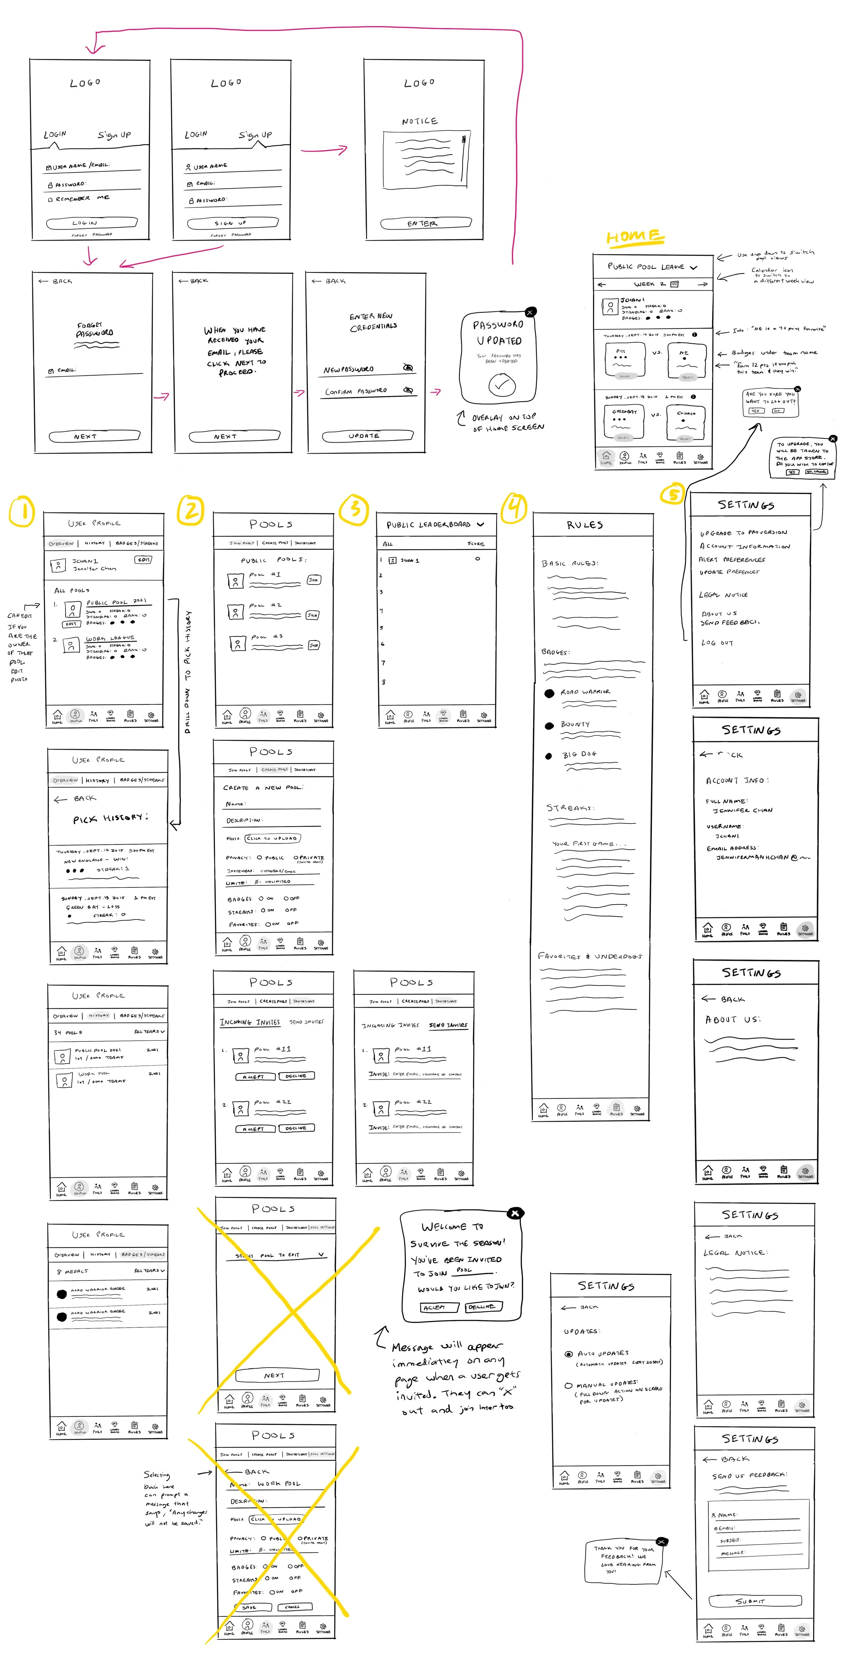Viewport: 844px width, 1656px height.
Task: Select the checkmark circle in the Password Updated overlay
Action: (x=501, y=385)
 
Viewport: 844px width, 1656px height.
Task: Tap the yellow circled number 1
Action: (x=21, y=512)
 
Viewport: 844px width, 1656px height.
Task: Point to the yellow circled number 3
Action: (x=354, y=510)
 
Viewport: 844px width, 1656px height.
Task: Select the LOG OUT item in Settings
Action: (x=717, y=642)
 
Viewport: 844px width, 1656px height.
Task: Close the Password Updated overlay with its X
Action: (x=530, y=312)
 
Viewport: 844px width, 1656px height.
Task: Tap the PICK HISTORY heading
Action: (x=110, y=818)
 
